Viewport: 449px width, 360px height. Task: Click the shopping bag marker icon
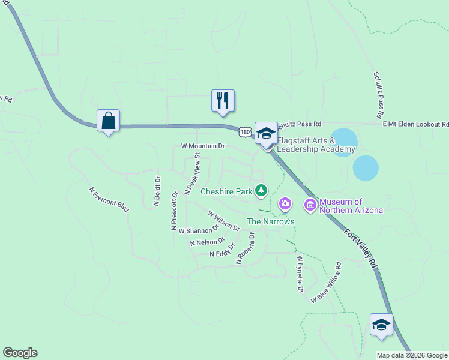coord(108,121)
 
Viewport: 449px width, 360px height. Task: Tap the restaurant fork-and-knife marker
coord(223,101)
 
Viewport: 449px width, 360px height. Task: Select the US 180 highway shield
coord(244,131)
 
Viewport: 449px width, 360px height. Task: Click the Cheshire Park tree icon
coord(261,191)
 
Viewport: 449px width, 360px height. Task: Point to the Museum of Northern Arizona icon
coord(310,206)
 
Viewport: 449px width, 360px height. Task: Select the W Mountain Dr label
coord(202,146)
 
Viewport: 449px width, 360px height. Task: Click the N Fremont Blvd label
coord(109,200)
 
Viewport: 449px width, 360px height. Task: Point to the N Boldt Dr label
coord(157,191)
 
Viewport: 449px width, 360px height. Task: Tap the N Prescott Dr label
coord(174,211)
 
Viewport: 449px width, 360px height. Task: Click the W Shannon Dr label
coord(199,230)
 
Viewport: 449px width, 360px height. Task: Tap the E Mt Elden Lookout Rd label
coord(415,124)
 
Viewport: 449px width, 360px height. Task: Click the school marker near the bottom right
coord(381,325)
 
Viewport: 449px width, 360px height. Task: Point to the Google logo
coord(20,353)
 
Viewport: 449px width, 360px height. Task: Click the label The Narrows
coord(271,221)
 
